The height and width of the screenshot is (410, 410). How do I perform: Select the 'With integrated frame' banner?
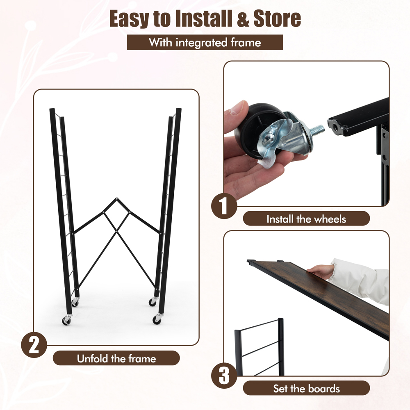click(205, 42)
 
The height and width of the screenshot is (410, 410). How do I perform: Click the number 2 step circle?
click(34, 345)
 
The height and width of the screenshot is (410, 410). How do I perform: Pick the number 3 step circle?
click(224, 376)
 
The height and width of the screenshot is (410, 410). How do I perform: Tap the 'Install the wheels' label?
click(306, 219)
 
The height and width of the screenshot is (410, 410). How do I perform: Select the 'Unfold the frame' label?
click(116, 358)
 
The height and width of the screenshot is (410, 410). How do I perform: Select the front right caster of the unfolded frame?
click(157, 319)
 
